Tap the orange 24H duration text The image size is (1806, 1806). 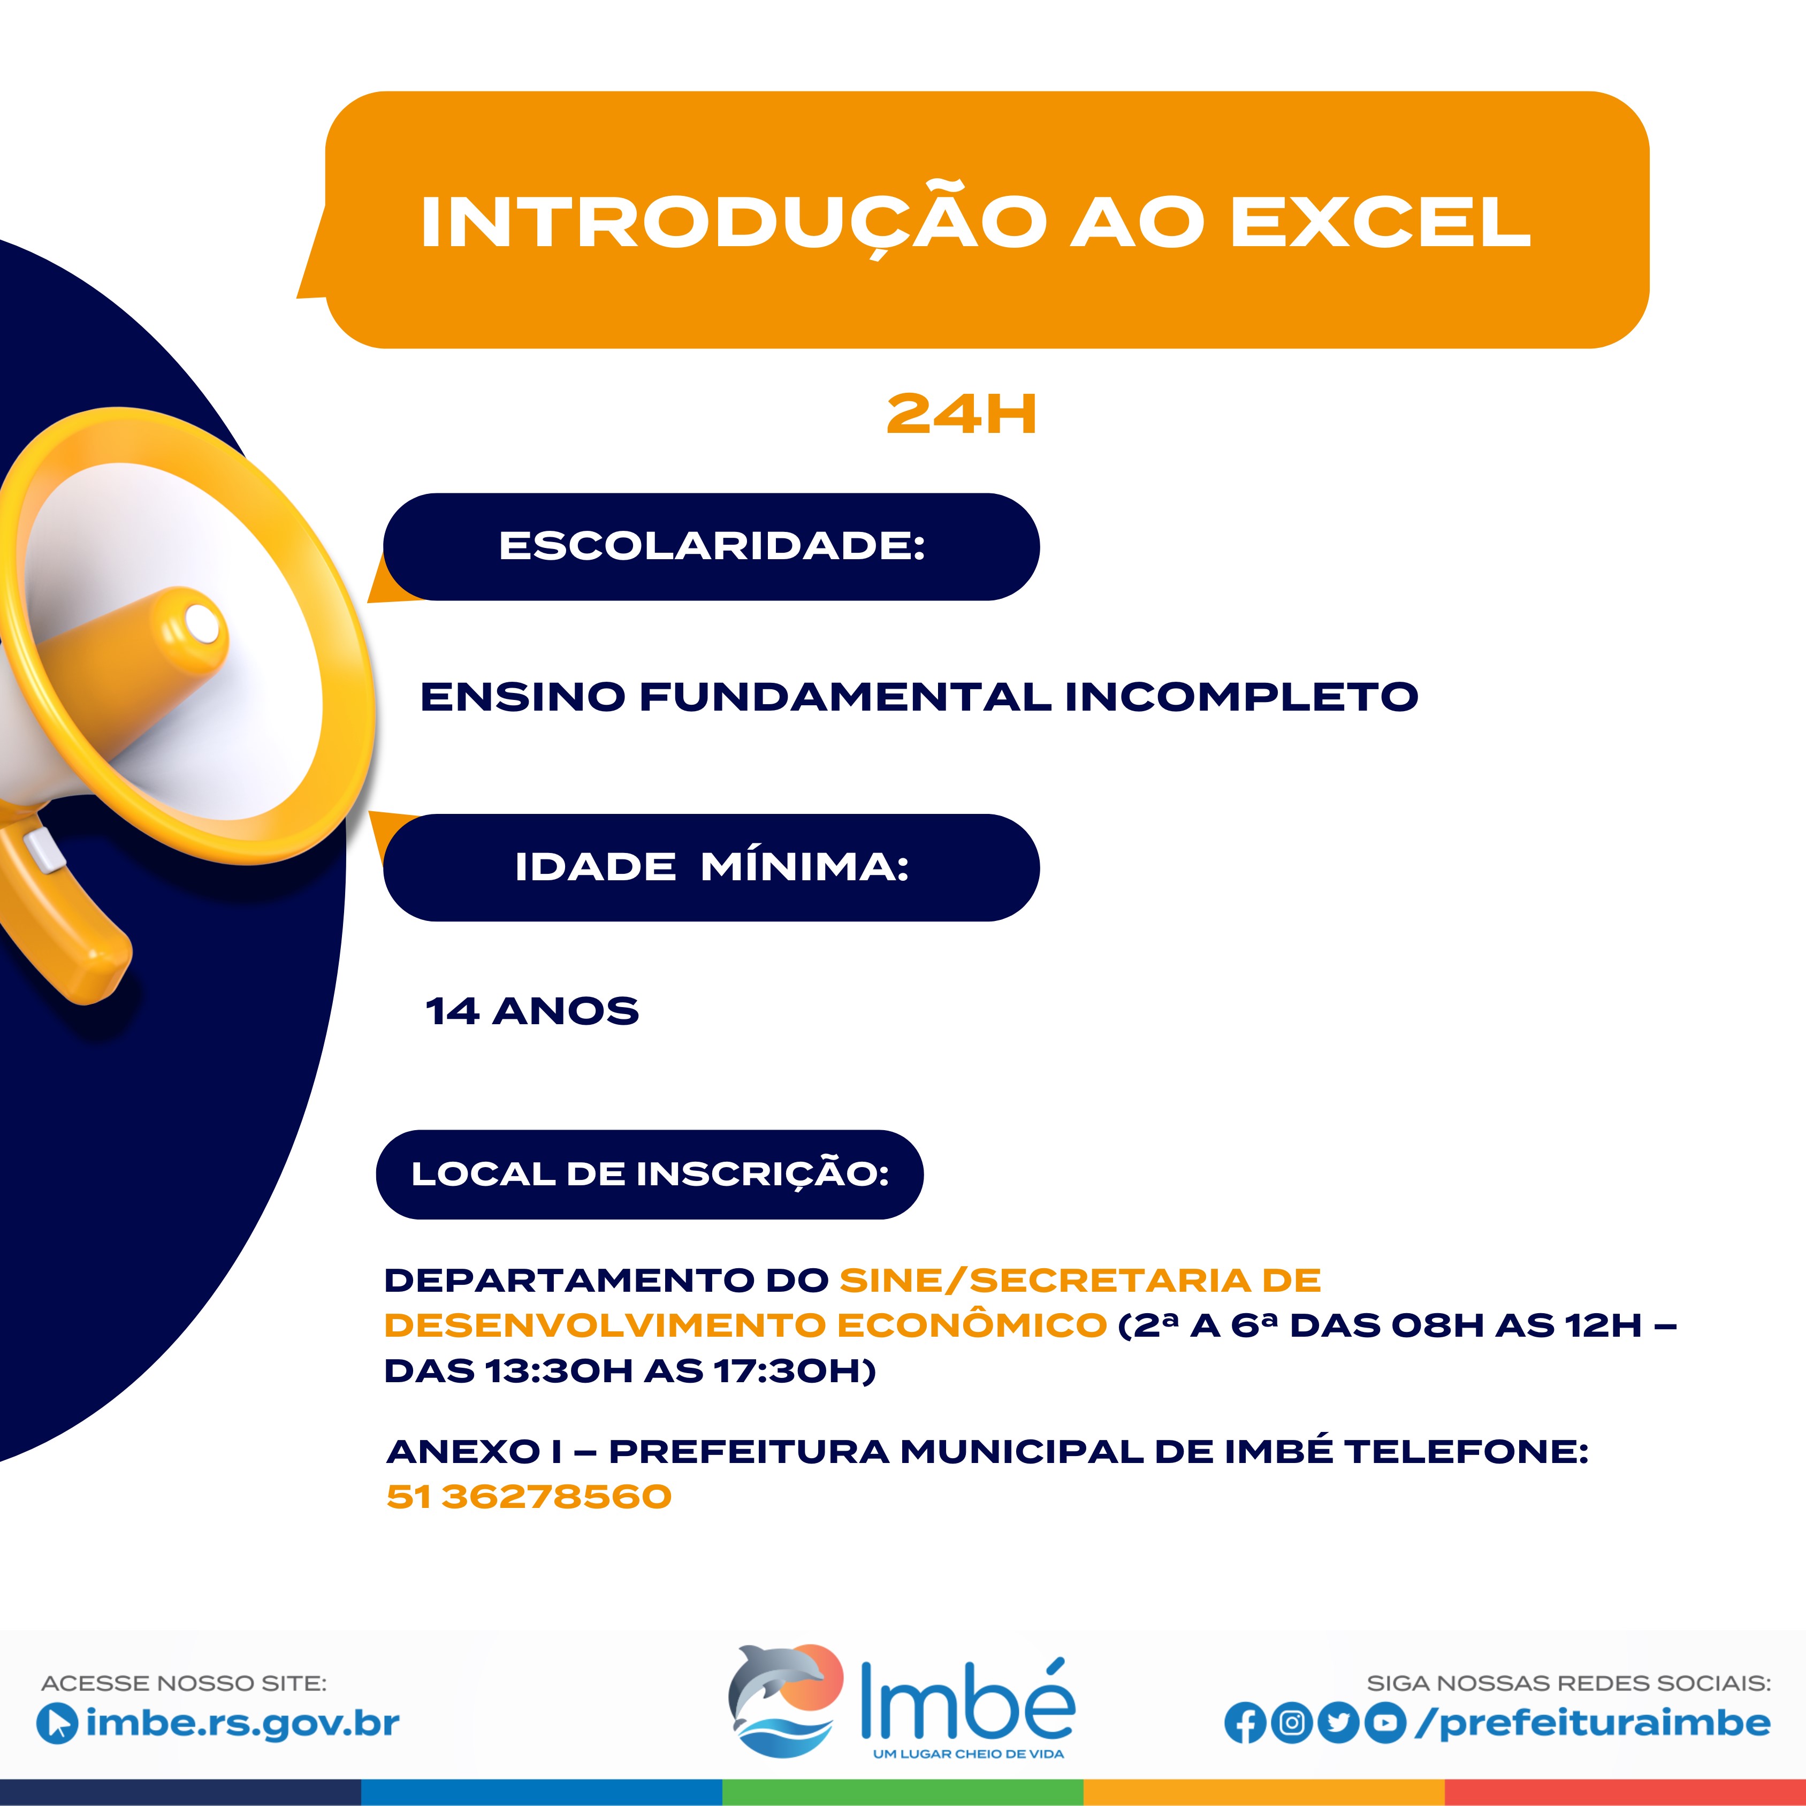962,415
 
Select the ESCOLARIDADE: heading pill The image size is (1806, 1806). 711,547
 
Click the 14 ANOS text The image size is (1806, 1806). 532,1011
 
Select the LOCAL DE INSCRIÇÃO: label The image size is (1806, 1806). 650,1174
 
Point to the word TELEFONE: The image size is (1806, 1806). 1467,1452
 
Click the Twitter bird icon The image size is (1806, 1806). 1339,1724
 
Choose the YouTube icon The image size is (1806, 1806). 1385,1724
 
